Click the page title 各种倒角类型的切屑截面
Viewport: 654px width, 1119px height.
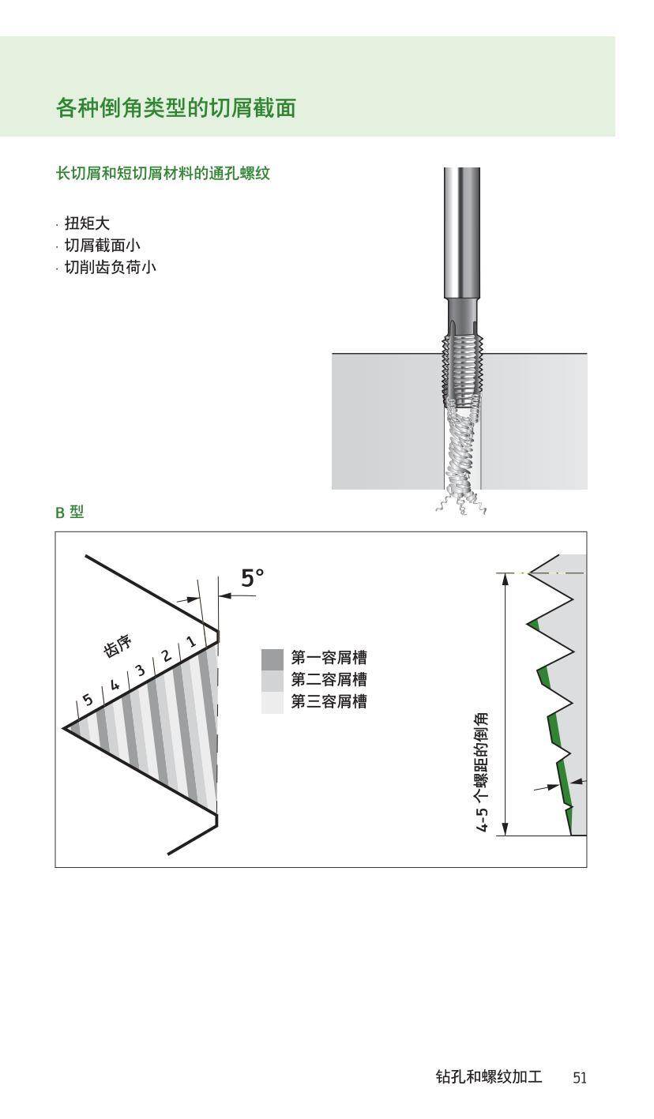[x=175, y=107]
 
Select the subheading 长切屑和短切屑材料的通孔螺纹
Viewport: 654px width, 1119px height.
[x=163, y=174]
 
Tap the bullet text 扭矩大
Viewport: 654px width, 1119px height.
[x=87, y=223]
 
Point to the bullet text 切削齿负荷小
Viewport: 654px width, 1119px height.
[x=110, y=268]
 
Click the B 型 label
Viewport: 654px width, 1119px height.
[x=70, y=513]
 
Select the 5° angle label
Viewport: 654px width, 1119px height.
[x=252, y=579]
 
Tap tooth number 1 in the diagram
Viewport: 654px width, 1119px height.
[x=191, y=642]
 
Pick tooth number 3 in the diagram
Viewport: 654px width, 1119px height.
[x=140, y=670]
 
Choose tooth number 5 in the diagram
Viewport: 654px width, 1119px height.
[x=88, y=699]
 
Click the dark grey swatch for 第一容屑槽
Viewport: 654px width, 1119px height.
[x=272, y=658]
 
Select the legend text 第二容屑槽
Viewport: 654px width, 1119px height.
[x=329, y=680]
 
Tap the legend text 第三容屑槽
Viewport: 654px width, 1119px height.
[x=329, y=702]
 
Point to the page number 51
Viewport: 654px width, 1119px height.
[x=580, y=1078]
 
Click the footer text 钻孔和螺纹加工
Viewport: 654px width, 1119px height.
[x=489, y=1077]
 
